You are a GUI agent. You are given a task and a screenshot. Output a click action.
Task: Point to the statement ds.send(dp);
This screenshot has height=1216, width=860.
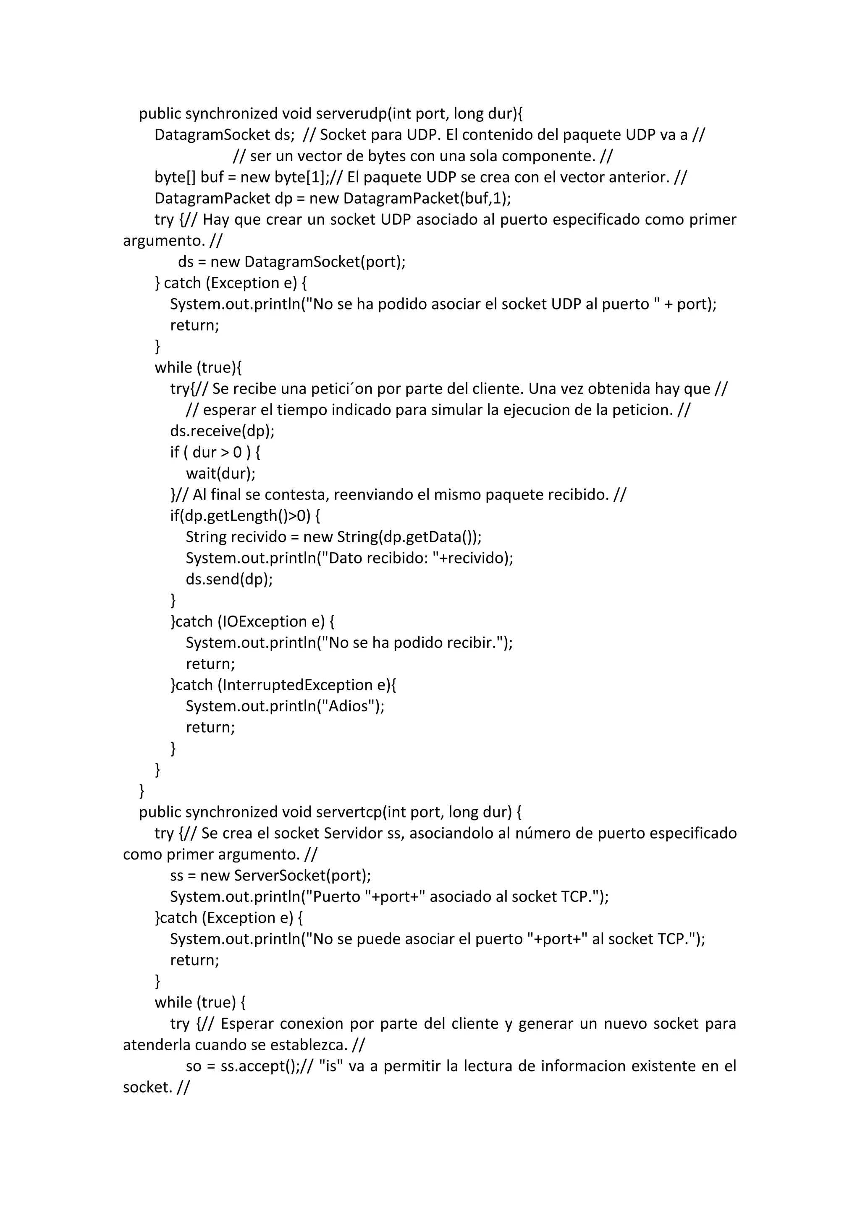[x=229, y=579]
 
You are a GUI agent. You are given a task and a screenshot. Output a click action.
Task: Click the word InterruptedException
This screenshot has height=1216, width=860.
[x=298, y=685]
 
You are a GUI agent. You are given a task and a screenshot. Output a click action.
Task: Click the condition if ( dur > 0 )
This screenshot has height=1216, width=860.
[x=215, y=452]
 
